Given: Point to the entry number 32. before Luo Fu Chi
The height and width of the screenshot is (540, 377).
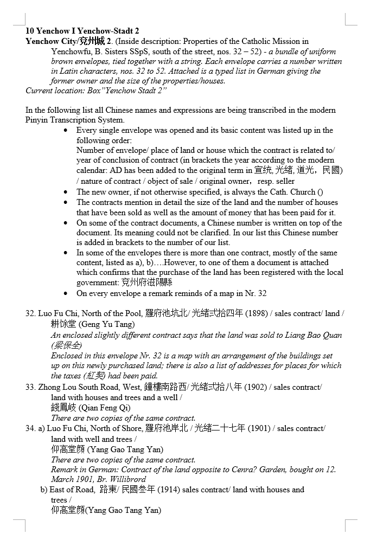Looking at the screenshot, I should (x=30, y=314).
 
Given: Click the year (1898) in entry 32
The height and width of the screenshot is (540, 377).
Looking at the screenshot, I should (x=256, y=314).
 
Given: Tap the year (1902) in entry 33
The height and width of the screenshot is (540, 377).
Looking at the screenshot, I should (x=255, y=387).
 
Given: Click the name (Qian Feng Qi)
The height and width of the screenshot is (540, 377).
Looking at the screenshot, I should (x=105, y=408).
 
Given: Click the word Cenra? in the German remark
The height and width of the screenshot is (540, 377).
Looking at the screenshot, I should (x=227, y=470).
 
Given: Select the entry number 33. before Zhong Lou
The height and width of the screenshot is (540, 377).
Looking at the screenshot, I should (x=30, y=387).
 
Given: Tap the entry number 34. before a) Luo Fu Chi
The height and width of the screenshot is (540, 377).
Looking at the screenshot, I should (x=30, y=428).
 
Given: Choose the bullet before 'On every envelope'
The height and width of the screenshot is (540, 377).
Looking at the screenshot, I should (x=66, y=294).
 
